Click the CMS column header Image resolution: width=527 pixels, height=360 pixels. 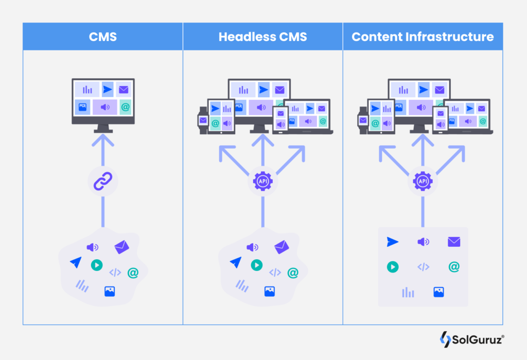[x=102, y=37]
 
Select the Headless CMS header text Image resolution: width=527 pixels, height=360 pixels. [x=262, y=37]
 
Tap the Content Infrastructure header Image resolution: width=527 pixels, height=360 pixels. [x=423, y=37]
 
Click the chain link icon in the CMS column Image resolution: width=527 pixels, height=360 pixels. [x=102, y=182]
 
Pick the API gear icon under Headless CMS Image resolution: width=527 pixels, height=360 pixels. [x=262, y=182]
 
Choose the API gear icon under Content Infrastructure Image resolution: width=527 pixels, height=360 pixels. [x=423, y=182]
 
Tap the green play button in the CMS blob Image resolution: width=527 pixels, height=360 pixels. [x=96, y=265]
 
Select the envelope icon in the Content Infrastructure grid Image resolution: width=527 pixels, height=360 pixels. [x=453, y=242]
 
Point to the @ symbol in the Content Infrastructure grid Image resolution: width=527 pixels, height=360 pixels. [x=453, y=266]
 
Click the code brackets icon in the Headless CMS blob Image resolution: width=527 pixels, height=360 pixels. [x=275, y=273]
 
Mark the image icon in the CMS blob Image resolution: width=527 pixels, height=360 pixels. [x=110, y=291]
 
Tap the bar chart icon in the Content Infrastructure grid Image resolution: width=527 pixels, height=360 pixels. [x=408, y=292]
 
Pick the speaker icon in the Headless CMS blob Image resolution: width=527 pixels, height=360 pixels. [x=252, y=247]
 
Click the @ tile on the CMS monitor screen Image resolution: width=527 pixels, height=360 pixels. [x=125, y=107]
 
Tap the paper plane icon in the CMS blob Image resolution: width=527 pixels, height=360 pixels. [x=76, y=262]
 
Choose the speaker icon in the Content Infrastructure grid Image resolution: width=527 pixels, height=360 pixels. [x=423, y=242]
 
